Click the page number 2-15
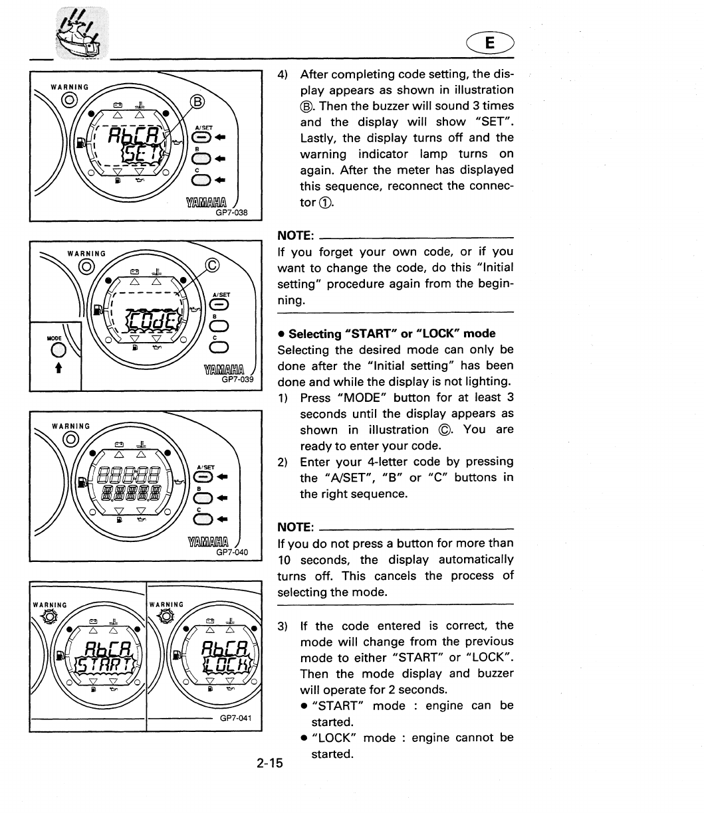point(270,763)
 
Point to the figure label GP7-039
point(238,381)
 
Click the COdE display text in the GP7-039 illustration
point(152,321)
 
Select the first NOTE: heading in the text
point(296,236)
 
